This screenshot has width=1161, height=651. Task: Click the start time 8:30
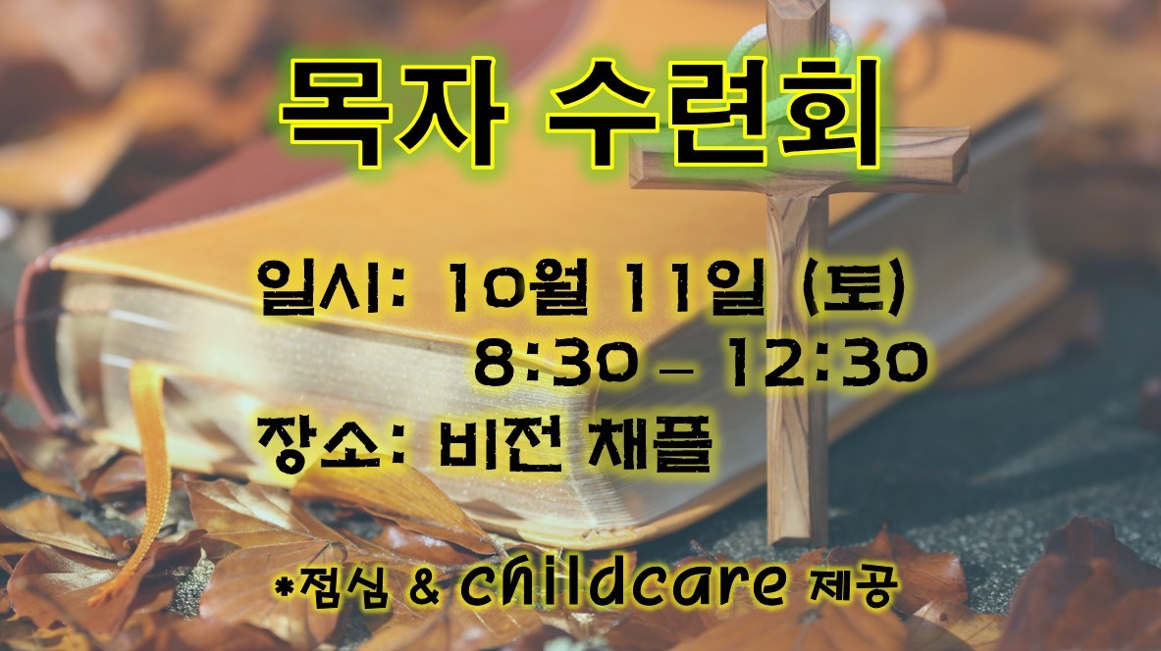pyautogui.click(x=556, y=363)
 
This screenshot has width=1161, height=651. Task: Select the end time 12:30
pyautogui.click(x=825, y=363)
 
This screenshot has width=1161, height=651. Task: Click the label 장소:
pyautogui.click(x=331, y=443)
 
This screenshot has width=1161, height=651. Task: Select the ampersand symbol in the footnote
pyautogui.click(x=424, y=588)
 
